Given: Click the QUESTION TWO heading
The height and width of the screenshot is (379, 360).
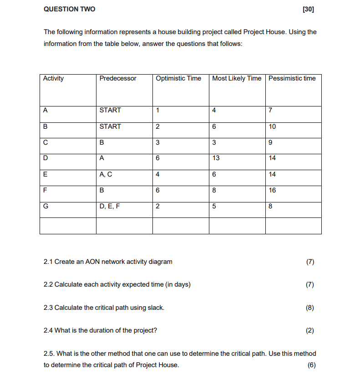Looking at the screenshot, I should point(69,9).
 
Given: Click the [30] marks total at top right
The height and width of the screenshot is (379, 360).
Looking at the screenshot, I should point(308,9).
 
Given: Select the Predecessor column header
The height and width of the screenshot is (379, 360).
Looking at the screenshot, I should point(117,79).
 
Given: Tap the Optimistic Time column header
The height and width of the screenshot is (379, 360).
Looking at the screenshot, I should point(178,79).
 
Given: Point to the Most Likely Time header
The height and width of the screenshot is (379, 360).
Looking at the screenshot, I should point(237,79).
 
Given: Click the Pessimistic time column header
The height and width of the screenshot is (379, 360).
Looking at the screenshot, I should point(292,79).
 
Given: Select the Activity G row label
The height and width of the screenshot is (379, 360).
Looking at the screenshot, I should point(46,206).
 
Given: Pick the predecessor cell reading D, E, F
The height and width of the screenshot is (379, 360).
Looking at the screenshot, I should point(110,206).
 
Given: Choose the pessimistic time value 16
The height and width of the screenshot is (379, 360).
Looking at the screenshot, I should point(272,190).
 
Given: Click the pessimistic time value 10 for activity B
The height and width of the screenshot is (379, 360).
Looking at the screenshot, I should point(272,126).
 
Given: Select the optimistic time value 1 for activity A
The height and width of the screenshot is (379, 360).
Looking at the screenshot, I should point(157,110).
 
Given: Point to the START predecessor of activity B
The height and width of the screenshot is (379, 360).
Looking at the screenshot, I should point(110,126).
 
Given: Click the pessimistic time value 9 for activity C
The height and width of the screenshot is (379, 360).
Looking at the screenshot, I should point(271,142).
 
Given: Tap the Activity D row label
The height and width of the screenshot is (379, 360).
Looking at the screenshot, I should point(46,158).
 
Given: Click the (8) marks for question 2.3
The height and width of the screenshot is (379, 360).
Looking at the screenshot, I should point(310,308).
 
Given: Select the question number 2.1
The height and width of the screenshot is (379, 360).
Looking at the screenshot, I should point(48,262).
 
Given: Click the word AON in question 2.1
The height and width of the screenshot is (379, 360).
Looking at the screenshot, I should point(91,262).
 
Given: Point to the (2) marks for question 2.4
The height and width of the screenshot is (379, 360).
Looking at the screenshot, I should point(310,330).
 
